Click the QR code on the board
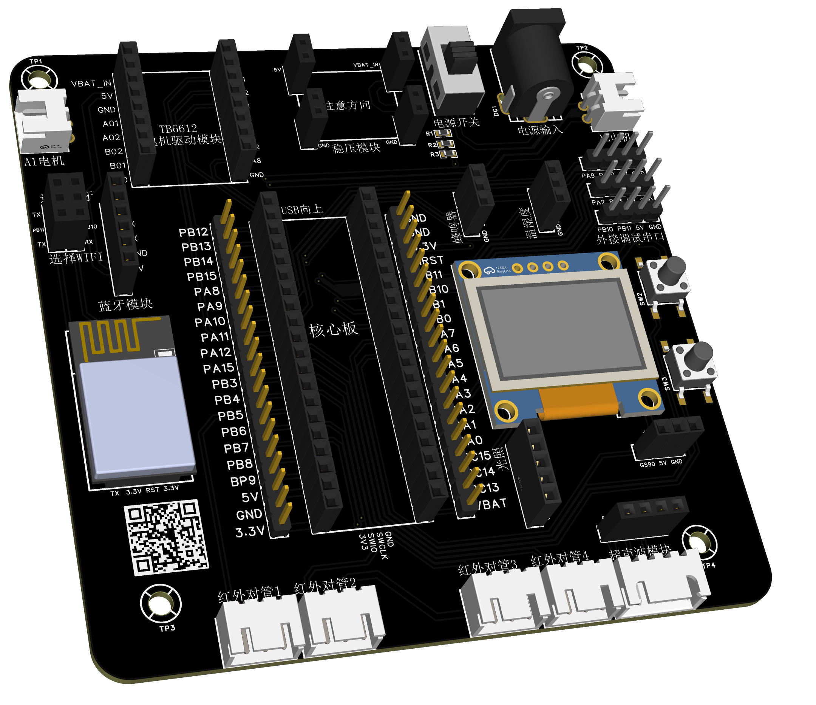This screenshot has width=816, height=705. [167, 537]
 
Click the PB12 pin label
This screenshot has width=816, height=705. [193, 232]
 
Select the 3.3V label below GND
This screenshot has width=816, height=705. [250, 532]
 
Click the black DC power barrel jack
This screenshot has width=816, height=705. [536, 67]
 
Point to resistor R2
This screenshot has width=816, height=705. [446, 144]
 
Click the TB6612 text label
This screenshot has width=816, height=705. [178, 129]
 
